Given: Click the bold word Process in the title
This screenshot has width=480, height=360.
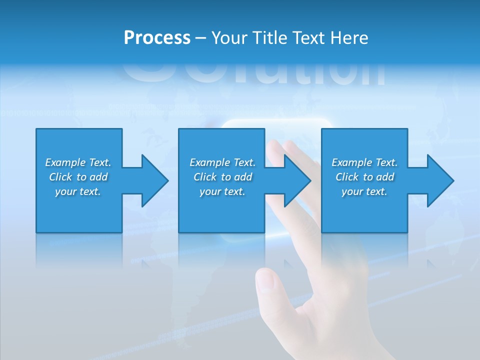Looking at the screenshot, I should (x=157, y=38).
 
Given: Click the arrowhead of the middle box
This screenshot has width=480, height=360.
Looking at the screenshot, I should (x=297, y=180).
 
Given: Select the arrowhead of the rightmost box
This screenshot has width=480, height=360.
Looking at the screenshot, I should (x=440, y=180).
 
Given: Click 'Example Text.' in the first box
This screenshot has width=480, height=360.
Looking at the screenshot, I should (x=78, y=162).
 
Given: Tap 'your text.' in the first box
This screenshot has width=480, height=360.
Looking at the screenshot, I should (x=78, y=191).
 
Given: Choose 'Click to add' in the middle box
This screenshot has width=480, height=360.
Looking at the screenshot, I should (x=222, y=177).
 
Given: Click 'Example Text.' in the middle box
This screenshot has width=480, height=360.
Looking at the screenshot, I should (x=222, y=162).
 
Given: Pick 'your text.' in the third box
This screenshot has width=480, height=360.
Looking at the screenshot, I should (x=364, y=191).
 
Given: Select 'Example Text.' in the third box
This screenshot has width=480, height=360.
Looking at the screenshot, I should (x=364, y=162).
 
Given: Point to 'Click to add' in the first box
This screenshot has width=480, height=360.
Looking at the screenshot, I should (x=78, y=177).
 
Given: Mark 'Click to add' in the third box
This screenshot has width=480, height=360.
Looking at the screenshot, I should (x=364, y=177).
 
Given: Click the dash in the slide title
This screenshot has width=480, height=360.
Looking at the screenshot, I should (x=201, y=38).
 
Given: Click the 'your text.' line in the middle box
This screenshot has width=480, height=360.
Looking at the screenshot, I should (x=222, y=191).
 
